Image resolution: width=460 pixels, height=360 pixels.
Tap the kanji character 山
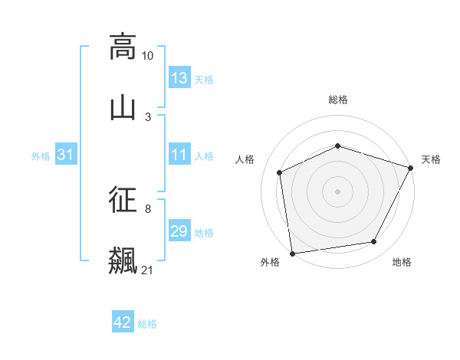point(123,107)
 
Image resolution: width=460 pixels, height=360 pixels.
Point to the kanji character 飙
point(123,260)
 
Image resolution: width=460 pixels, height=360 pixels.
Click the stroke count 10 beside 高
point(147,56)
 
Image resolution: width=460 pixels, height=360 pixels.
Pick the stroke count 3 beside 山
point(148,116)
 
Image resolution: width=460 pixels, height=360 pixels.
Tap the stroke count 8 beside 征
point(148,208)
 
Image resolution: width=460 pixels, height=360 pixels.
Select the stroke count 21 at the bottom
point(147,270)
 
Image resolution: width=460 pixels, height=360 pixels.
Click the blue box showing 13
point(179,78)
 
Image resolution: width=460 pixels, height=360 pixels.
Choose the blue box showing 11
point(179,155)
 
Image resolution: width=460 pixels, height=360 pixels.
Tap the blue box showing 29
point(179,231)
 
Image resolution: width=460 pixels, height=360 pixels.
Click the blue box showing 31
point(66,155)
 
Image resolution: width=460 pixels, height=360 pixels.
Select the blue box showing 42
point(123,323)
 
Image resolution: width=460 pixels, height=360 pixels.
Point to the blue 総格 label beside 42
point(147,324)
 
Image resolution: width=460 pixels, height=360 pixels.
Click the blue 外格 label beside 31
point(41,156)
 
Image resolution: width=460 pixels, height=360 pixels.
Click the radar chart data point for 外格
point(292,252)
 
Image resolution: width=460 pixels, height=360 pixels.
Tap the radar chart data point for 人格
point(280,172)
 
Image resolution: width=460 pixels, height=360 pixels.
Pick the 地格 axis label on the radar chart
point(402,263)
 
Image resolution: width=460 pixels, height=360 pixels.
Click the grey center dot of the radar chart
point(337,191)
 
